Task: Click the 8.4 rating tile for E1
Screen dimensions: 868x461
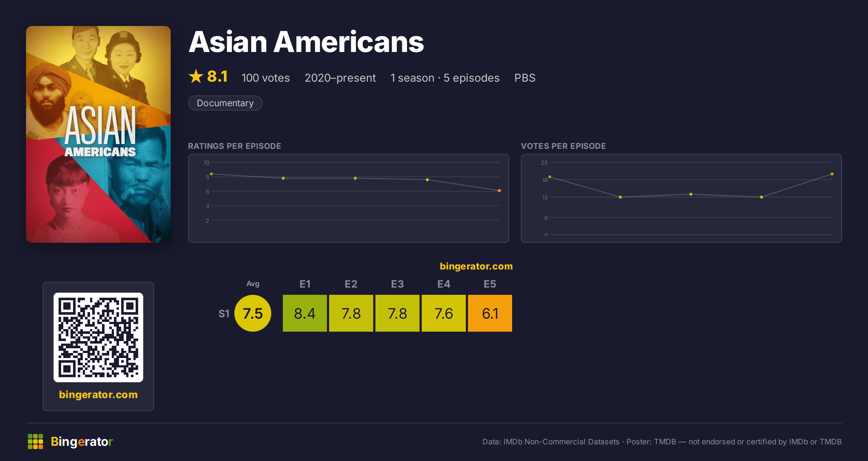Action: pos(305,313)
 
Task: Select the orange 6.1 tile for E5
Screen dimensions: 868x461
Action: pos(490,313)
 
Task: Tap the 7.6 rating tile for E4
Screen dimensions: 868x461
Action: pos(443,313)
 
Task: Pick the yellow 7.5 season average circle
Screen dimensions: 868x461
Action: pos(253,313)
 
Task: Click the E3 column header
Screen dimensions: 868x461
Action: pos(397,284)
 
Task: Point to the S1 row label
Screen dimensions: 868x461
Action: pos(224,314)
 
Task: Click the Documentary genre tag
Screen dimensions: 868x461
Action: pos(225,103)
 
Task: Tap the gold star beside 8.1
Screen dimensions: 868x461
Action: pos(196,76)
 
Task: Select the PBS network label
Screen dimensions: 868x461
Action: pos(525,78)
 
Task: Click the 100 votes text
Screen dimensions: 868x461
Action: pos(265,78)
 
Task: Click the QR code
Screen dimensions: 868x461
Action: pos(98,337)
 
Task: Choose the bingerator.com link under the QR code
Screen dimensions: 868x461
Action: pos(98,395)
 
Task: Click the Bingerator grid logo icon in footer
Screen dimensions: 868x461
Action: pos(35,441)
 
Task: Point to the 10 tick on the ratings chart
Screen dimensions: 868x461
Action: pos(206,163)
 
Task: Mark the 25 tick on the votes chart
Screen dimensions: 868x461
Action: pos(544,163)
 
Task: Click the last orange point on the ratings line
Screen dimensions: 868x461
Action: pos(499,190)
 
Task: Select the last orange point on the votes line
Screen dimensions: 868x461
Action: pos(832,174)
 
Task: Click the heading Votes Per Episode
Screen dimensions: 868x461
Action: pos(563,146)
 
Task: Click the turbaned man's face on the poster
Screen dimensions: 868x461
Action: pos(46,96)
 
